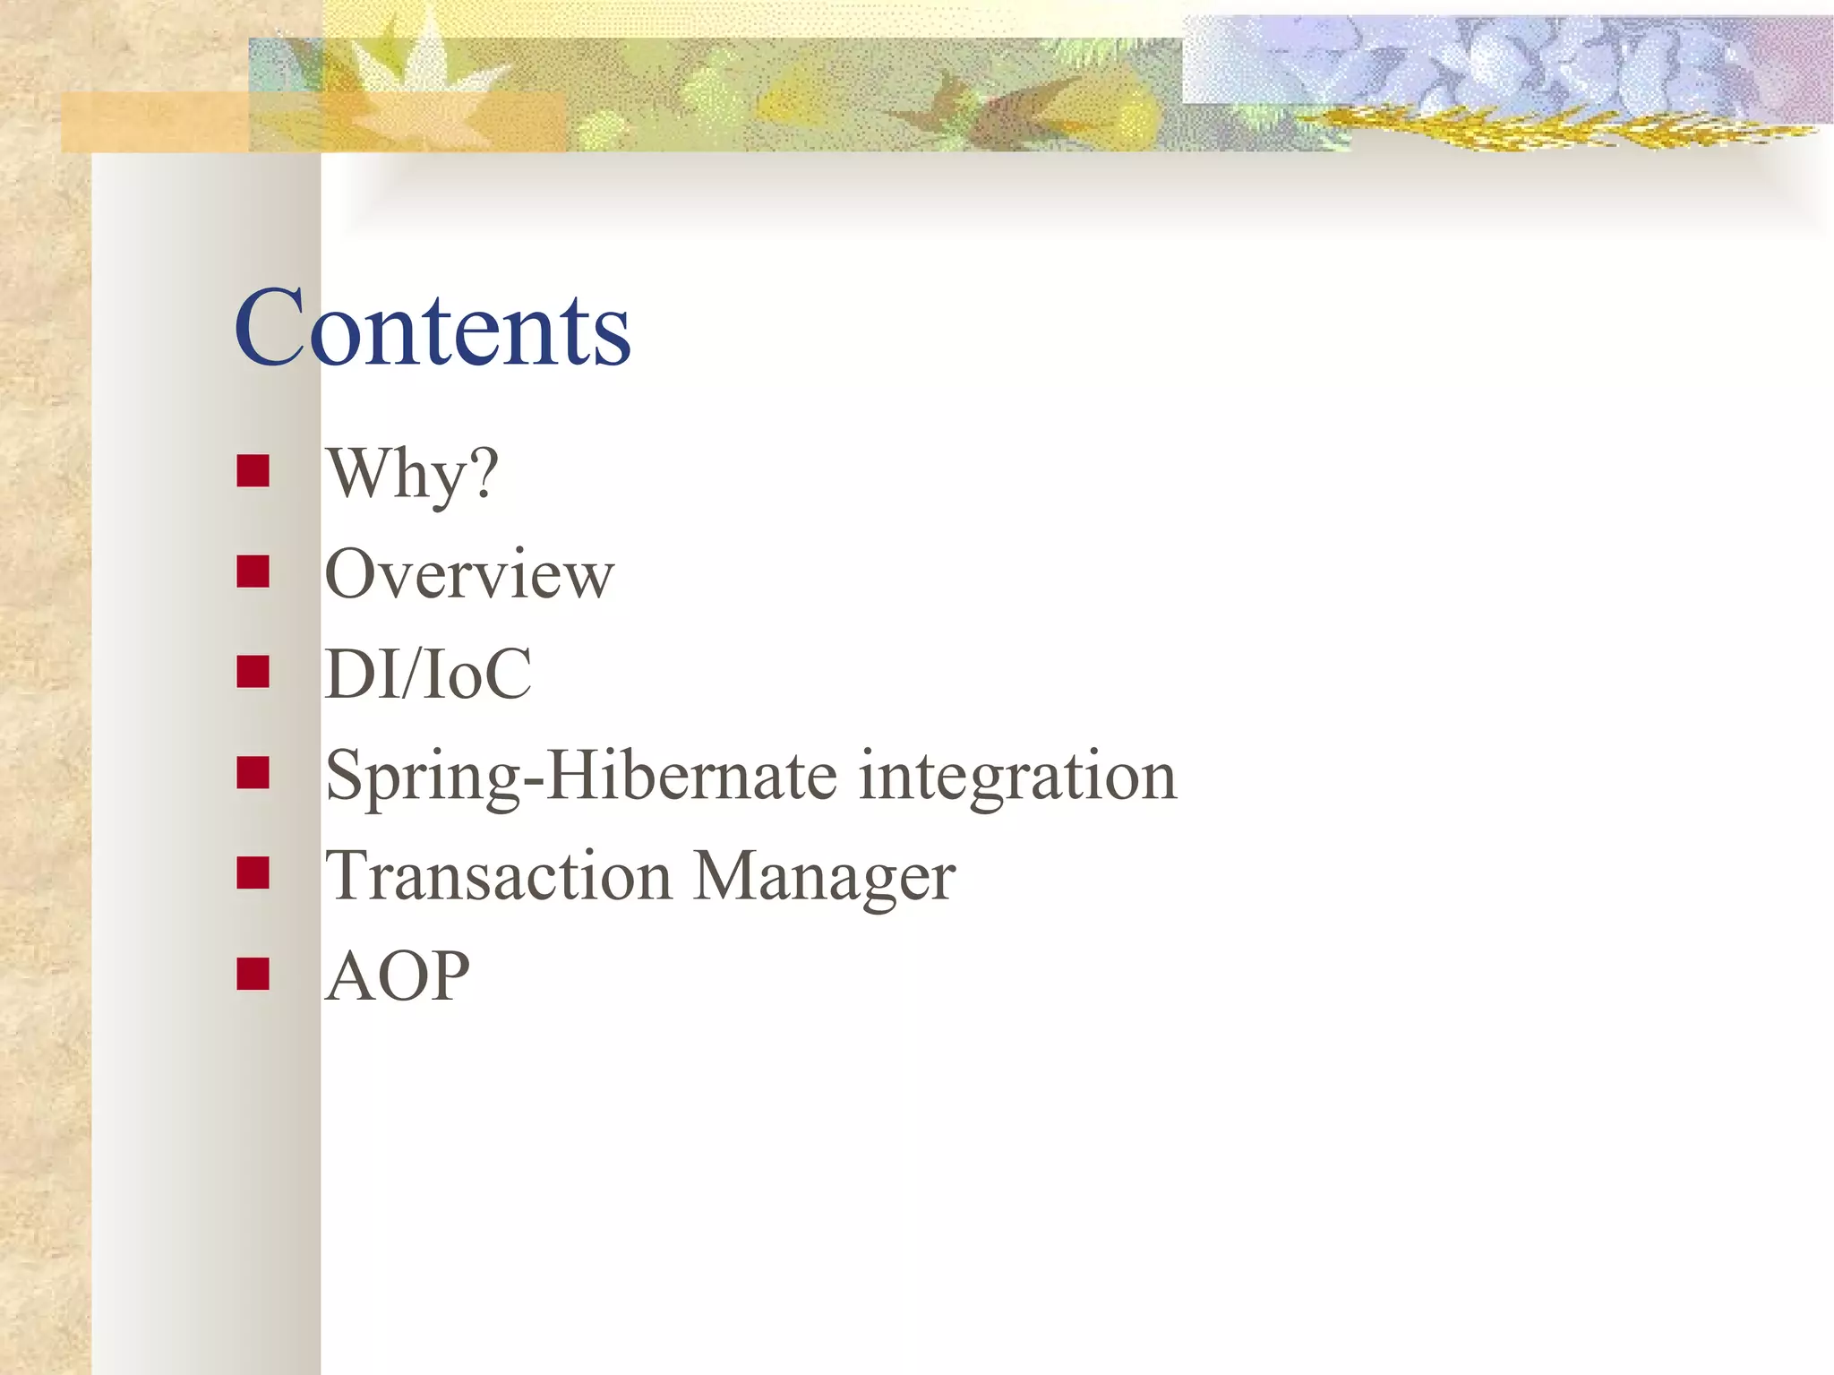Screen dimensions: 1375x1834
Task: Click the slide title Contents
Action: (x=433, y=330)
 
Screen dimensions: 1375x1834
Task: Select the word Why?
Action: (x=412, y=474)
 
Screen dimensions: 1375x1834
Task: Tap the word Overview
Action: (x=469, y=574)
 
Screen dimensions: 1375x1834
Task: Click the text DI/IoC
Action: (x=428, y=675)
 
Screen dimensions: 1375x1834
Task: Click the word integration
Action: (x=1017, y=776)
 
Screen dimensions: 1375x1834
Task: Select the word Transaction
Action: (x=498, y=876)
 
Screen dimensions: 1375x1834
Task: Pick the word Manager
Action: (x=824, y=878)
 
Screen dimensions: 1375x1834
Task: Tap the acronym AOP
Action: (x=398, y=976)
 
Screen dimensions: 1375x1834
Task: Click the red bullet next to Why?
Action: (x=253, y=471)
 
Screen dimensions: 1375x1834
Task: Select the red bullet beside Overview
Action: (x=253, y=571)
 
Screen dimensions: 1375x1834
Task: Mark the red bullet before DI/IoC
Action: (x=253, y=672)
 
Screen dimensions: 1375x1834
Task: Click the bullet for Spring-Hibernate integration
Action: (x=253, y=772)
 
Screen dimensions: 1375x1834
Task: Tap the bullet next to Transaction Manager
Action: (x=253, y=872)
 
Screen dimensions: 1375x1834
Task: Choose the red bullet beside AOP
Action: (x=253, y=974)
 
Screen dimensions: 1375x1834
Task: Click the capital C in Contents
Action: (x=269, y=330)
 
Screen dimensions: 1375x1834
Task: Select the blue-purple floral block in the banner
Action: (x=1504, y=63)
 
